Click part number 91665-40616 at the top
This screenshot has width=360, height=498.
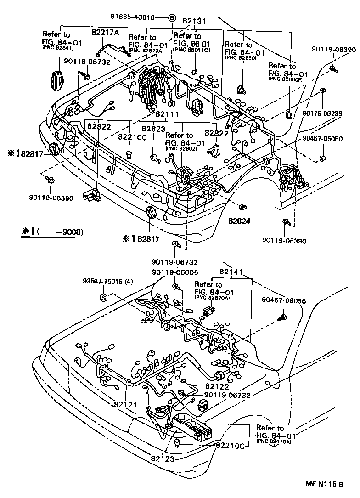coord(132,17)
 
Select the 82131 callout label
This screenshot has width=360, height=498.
coord(194,21)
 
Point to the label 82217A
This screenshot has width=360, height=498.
coord(105,32)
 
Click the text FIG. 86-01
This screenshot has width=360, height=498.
coord(191,43)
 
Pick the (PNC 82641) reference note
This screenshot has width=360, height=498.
coord(58,47)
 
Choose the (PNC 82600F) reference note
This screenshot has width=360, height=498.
coord(289,79)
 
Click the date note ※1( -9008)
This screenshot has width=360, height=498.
coord(52,232)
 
